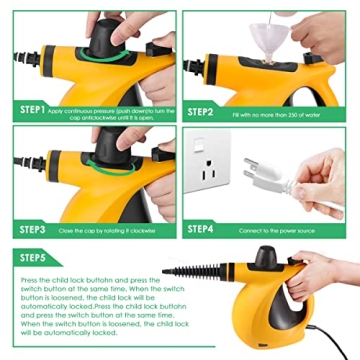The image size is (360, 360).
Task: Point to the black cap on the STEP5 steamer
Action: coord(268,257)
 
